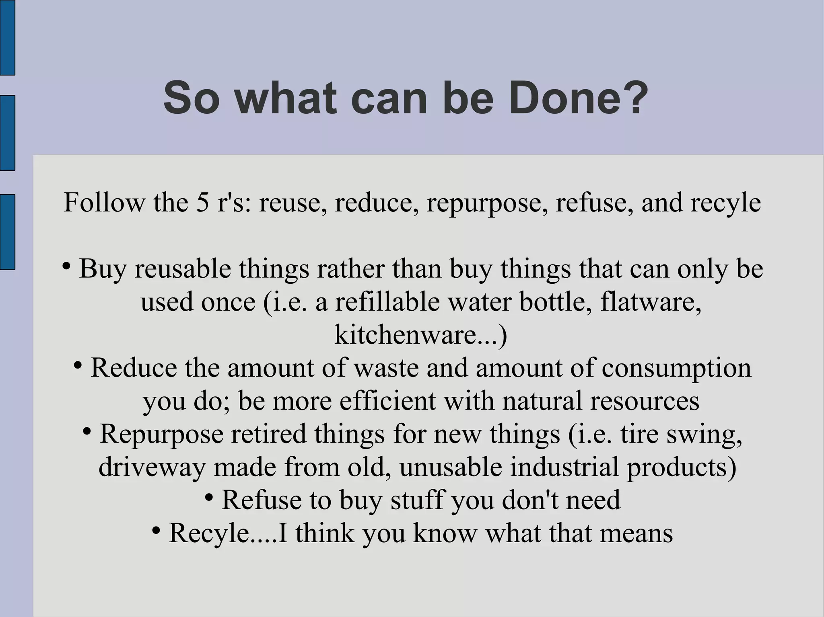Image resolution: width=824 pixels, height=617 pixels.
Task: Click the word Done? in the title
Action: coord(578,98)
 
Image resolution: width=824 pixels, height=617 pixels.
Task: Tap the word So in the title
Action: coord(191,98)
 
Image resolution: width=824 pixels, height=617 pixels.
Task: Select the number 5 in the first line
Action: coord(202,202)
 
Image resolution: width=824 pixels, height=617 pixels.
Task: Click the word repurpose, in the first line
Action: coord(487,203)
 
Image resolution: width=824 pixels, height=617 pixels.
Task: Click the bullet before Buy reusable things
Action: coord(67,266)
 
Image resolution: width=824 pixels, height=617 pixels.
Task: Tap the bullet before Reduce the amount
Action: coord(78,365)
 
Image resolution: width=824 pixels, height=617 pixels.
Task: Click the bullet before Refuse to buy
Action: coord(209,497)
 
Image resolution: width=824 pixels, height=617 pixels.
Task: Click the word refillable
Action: coord(387,302)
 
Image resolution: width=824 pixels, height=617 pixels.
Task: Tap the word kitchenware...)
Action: coord(421,335)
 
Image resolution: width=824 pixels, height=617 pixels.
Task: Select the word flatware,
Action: coord(651,302)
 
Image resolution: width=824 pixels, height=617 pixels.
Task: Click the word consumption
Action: coord(676,368)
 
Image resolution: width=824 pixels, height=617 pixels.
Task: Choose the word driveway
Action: coord(152,467)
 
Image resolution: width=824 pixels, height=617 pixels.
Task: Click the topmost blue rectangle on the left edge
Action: coord(7,37)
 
